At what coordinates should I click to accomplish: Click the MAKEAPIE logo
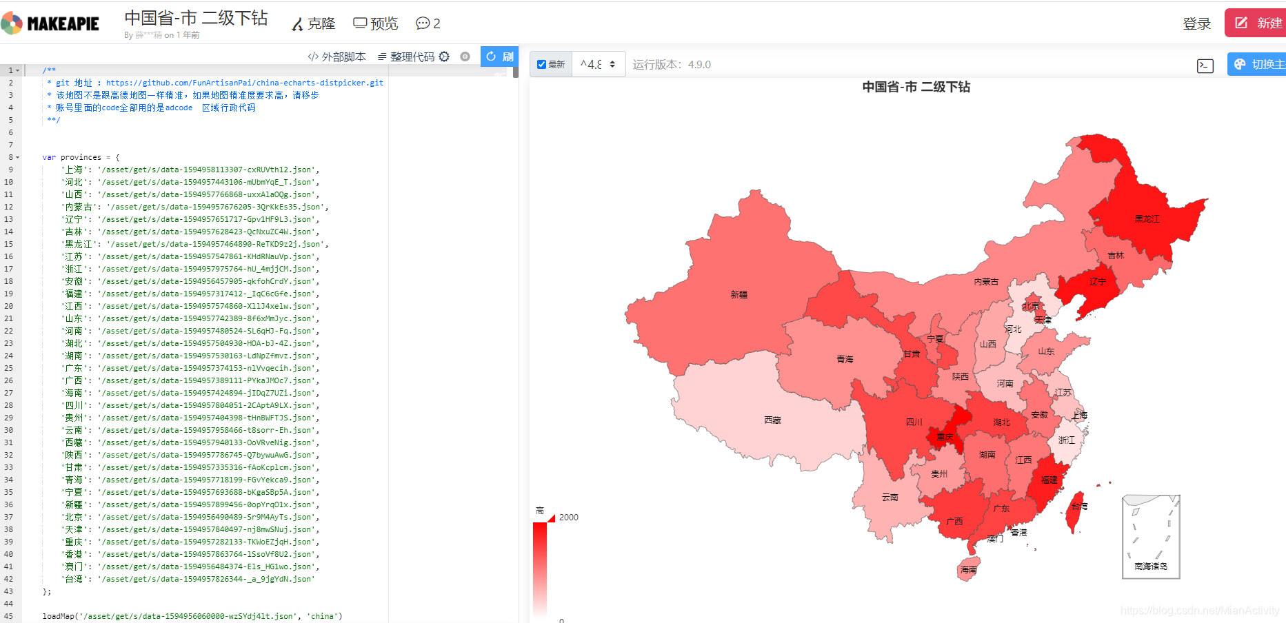[50, 23]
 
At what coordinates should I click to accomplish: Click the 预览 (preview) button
[376, 23]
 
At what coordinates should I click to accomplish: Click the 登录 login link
[1196, 24]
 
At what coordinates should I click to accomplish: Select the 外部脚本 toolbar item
[337, 57]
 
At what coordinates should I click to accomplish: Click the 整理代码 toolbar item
[413, 57]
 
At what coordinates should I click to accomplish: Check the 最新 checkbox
[542, 65]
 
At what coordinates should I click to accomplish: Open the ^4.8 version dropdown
[598, 64]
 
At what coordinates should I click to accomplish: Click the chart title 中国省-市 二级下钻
[916, 87]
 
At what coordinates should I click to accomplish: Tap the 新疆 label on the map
[739, 295]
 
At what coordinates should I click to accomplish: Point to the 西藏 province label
[772, 420]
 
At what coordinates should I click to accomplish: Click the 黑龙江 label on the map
[1147, 219]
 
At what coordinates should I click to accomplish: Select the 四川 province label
[914, 422]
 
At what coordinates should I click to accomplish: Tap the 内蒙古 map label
[986, 282]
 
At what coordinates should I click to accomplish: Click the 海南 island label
[968, 570]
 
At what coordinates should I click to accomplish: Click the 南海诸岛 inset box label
[1151, 566]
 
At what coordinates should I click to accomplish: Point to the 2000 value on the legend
[569, 518]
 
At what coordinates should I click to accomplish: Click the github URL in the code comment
[245, 83]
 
